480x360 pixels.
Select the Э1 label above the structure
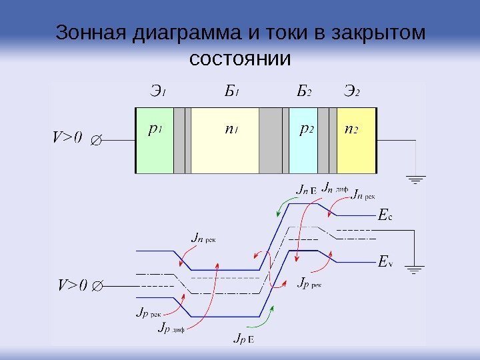coord(157,91)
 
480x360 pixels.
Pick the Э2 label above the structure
coord(351,91)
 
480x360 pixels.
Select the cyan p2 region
coord(304,150)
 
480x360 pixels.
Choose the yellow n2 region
coord(357,150)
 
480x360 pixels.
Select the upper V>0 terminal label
coord(67,137)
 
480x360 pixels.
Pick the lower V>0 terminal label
coord(72,285)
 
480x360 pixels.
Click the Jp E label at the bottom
coord(243,339)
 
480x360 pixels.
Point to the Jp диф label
coord(171,327)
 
